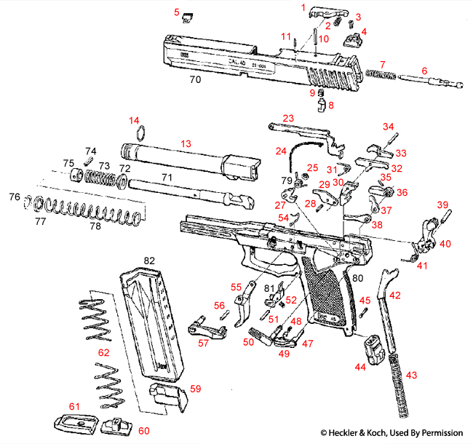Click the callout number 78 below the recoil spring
[95, 226]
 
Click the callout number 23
[288, 118]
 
